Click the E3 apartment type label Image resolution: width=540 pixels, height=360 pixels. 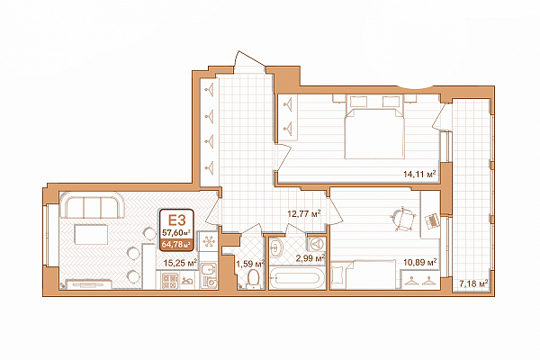pos(176,220)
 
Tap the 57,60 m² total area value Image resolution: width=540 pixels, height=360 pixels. pos(176,231)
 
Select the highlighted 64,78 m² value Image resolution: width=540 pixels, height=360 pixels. pos(176,245)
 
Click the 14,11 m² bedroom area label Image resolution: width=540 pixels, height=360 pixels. pos(419,174)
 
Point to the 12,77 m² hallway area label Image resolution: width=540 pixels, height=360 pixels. pos(304,213)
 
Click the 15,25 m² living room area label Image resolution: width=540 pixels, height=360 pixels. pos(180,263)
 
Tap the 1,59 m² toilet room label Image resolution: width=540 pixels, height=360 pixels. pos(250,265)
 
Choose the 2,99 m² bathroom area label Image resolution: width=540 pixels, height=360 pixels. pos(310,258)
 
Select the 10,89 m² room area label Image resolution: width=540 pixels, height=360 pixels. pos(420,263)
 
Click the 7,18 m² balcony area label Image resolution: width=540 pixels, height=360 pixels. pos(474,283)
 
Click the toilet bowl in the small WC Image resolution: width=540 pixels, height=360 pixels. pos(254,279)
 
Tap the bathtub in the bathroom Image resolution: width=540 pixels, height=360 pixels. pos(297,279)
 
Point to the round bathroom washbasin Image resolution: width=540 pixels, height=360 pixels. pos(276,247)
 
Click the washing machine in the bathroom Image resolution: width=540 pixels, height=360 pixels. pos(317,244)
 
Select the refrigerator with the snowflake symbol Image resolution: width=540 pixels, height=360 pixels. pos(209,241)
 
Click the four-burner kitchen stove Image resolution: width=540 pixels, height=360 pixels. pos(170,281)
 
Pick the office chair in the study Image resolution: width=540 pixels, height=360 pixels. pos(403,219)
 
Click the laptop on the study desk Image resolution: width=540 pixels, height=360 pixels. pos(431,221)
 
